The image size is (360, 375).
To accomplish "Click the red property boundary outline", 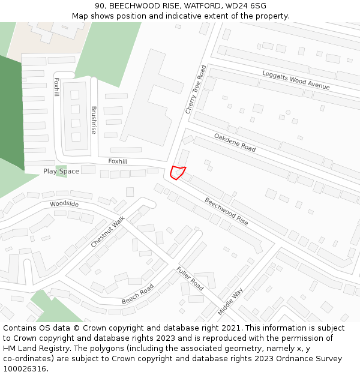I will coord(178,172).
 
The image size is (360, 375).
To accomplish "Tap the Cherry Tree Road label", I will coord(196,89).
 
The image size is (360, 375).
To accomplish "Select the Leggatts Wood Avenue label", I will coord(296,80).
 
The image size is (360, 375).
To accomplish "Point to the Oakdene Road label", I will coord(235,142).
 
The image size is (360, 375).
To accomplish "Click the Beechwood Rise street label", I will coord(226,211).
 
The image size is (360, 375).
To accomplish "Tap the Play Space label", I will coord(61,172).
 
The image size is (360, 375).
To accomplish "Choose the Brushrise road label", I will coord(94,121).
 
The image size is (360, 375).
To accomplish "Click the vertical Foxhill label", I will coord(56,87).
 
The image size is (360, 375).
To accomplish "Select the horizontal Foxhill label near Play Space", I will coord(118,161).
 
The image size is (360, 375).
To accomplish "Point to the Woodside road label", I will coord(64,204).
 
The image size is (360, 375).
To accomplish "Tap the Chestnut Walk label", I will coord(108,232).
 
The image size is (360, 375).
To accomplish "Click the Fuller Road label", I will coord(190,278).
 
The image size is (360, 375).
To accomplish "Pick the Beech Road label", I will coord(138,293).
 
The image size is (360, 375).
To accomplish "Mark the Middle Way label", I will coord(230,301).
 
